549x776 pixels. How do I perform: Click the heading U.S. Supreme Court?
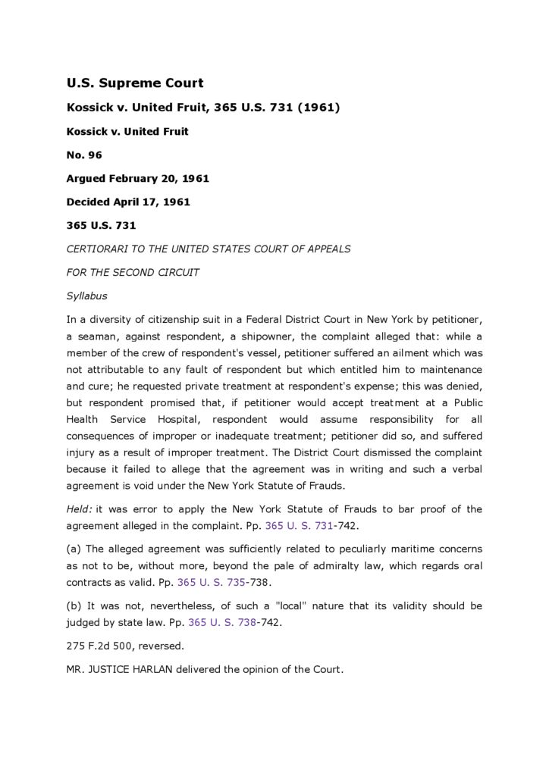click(x=135, y=83)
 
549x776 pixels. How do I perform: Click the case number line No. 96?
click(x=84, y=155)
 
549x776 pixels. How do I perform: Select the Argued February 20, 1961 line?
click(x=137, y=179)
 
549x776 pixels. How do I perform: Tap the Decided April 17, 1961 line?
click(x=128, y=202)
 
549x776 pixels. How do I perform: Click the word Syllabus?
click(x=87, y=296)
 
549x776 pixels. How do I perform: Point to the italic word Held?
click(x=80, y=509)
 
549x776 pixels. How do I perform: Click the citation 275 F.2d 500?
click(x=99, y=646)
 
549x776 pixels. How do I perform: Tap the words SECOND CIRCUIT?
click(x=155, y=272)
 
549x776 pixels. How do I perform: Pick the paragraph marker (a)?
click(x=74, y=549)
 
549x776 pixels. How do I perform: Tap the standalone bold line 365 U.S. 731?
click(x=101, y=226)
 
